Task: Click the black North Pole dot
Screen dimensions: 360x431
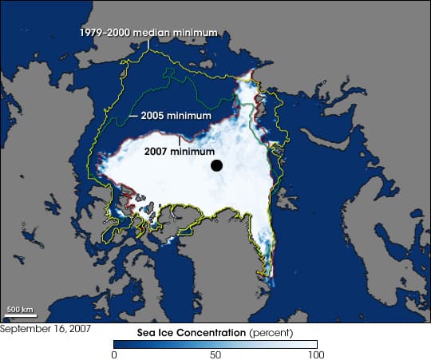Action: pos(216,166)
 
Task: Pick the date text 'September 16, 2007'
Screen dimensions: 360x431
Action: pos(45,328)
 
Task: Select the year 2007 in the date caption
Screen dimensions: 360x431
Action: pos(78,328)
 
